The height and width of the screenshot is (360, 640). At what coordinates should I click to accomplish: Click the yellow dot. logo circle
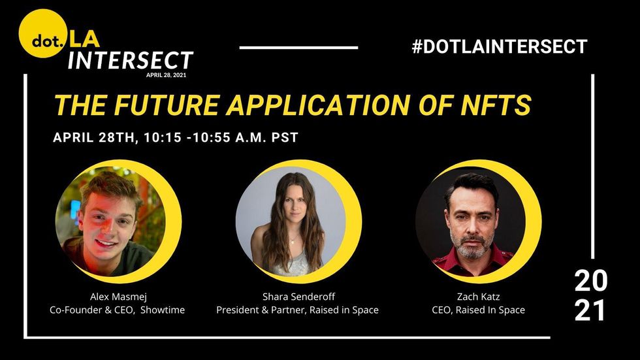43,33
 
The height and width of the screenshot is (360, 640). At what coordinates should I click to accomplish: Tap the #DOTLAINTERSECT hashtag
500,46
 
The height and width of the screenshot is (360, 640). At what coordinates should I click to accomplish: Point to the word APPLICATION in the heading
318,105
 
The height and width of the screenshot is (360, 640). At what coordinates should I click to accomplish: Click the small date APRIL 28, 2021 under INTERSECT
166,75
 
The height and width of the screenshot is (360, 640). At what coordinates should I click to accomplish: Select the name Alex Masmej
118,297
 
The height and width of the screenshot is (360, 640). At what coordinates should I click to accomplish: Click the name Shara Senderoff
299,297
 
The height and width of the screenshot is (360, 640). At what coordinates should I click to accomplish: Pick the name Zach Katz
478,297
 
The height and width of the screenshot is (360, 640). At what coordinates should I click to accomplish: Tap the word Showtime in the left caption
163,310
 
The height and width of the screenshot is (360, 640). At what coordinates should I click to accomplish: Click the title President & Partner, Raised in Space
298,310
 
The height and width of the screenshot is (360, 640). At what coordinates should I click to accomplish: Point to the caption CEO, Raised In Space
478,310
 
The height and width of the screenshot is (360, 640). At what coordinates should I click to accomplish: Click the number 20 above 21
591,281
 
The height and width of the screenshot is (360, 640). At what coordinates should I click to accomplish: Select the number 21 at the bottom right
590,310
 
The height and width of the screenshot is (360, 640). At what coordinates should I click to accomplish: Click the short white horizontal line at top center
299,48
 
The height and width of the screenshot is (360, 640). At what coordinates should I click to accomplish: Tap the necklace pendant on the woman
293,241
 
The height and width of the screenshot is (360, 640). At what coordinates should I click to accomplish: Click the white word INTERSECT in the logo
131,60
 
